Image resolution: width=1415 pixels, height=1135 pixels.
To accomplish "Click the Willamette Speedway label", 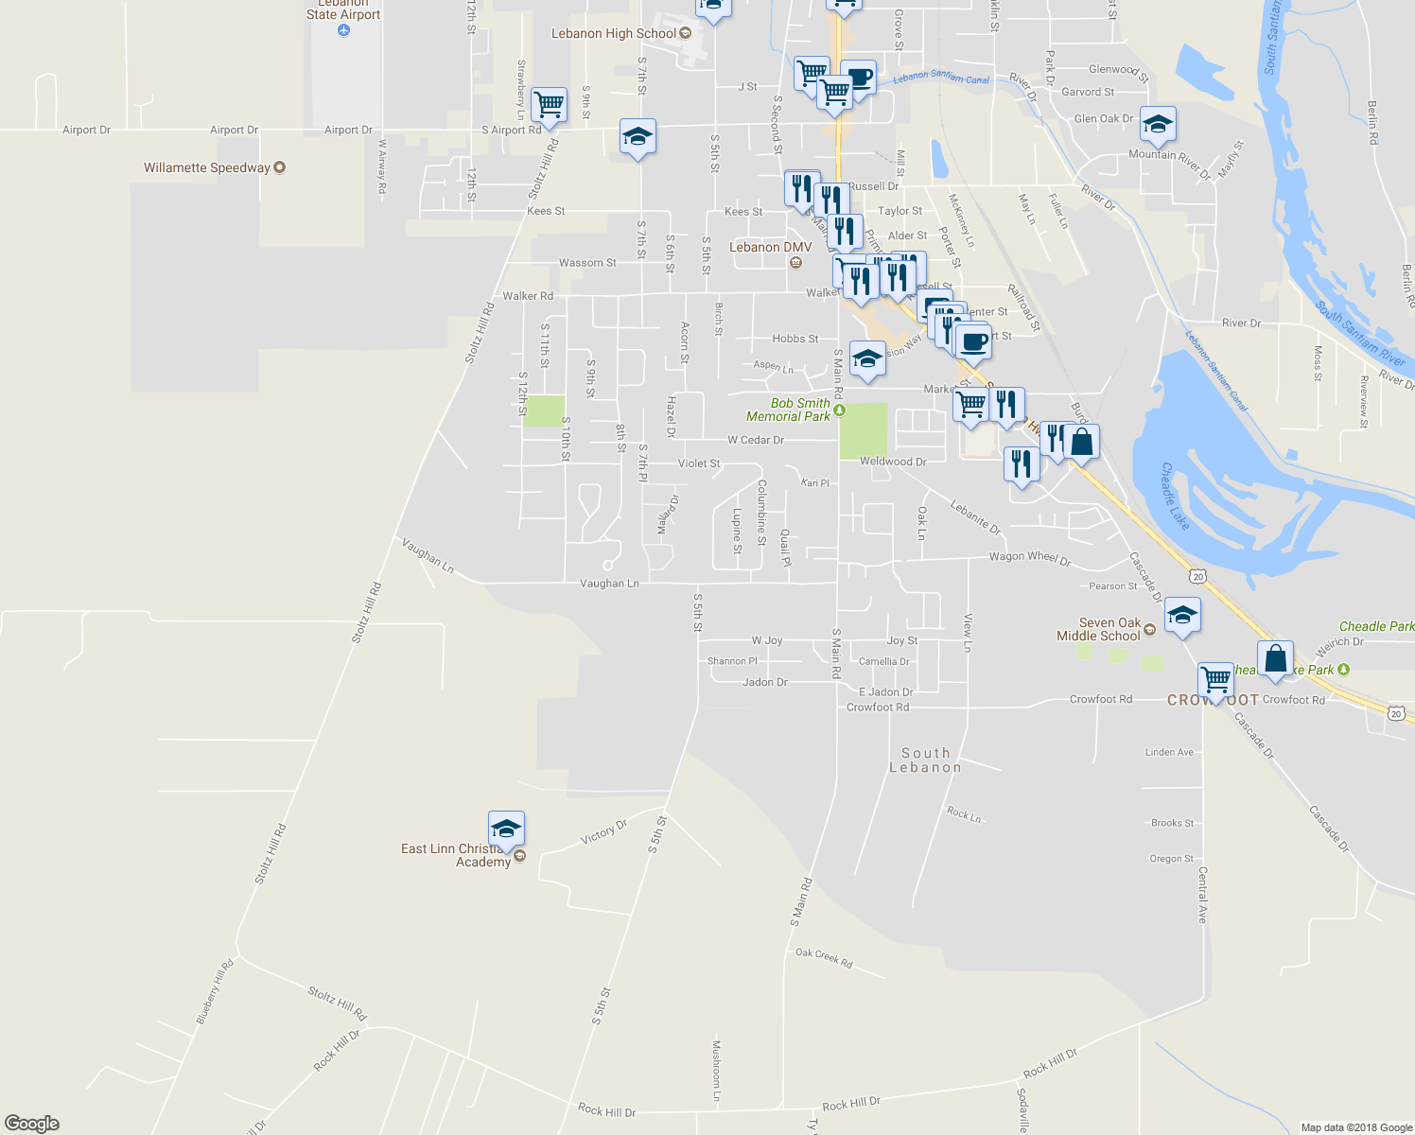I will (207, 168).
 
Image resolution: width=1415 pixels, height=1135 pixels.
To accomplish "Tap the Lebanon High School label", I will (614, 34).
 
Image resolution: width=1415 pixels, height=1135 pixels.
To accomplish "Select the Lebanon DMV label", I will (770, 248).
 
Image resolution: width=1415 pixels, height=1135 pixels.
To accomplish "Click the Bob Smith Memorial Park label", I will (788, 410).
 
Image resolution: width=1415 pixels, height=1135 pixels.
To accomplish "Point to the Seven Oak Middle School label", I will (1099, 630).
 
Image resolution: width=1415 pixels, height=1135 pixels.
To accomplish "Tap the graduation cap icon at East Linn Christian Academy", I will (506, 829).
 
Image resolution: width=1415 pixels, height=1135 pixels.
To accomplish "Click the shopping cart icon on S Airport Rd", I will (549, 105).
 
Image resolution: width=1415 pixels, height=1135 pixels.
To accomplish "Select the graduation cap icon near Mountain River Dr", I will (1158, 124).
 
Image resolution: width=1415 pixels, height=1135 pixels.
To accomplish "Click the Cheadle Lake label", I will (1175, 496).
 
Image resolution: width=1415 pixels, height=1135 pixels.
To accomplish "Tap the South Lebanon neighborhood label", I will (925, 760).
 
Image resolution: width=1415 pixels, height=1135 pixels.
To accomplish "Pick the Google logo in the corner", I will (32, 1124).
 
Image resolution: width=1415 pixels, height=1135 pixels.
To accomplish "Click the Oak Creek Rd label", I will (824, 958).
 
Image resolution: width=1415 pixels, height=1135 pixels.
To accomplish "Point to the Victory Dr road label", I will (603, 832).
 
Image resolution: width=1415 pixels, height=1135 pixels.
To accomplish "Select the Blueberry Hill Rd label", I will (215, 991).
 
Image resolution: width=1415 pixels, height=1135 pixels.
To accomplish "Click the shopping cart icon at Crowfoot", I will (1215, 679).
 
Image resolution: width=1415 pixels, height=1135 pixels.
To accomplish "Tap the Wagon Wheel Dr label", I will (1029, 558).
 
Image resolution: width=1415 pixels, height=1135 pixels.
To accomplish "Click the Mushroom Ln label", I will (716, 1071).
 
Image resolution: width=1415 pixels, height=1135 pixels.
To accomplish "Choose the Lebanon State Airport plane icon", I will (343, 30).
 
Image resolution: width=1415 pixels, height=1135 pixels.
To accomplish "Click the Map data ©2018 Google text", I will (1356, 1127).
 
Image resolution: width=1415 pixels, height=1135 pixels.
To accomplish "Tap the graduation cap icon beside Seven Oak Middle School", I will (1182, 616).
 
